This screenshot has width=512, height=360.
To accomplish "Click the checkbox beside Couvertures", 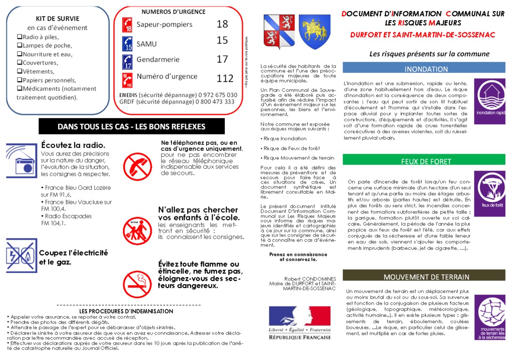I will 19,62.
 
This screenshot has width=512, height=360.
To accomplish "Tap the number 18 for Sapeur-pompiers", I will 222,24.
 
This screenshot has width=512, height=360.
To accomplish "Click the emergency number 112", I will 225,79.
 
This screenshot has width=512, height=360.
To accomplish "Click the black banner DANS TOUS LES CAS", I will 131,126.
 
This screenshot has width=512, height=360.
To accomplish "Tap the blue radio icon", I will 22,160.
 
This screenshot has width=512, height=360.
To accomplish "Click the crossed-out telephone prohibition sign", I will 137,166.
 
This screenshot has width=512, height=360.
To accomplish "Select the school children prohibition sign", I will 137,230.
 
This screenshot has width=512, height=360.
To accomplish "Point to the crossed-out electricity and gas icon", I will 22,256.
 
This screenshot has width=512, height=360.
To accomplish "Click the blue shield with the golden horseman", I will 315,32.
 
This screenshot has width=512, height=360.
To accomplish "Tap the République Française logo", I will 300,323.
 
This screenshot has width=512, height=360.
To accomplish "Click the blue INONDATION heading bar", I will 424,69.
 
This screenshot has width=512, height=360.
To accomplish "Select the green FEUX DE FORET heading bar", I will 424,161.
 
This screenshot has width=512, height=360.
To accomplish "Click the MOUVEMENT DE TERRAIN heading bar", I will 424,277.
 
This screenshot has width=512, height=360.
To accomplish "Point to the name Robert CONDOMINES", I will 310,279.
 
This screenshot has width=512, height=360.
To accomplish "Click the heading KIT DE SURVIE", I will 58,18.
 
